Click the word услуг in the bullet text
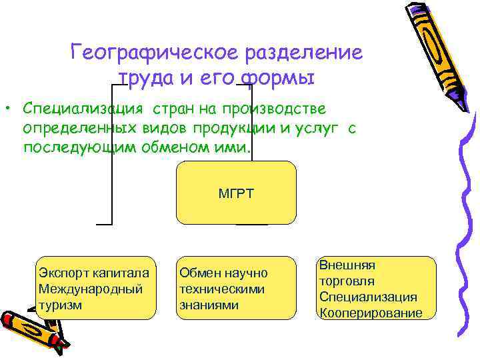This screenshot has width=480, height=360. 315,128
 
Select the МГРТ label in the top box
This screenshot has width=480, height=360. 236,194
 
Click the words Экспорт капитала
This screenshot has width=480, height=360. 93,273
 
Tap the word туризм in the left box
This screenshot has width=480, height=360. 61,305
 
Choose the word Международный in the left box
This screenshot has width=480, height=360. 91,289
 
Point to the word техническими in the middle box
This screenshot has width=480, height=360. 222,289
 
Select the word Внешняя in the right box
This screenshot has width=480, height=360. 347,265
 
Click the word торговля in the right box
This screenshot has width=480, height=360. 347,281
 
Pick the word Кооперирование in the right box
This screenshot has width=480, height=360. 371,313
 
